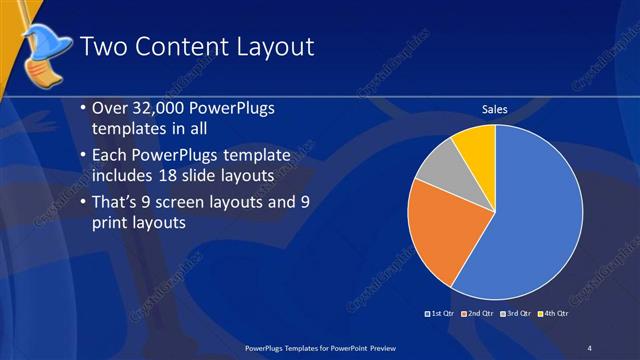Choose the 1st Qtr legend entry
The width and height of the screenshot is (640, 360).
point(441,313)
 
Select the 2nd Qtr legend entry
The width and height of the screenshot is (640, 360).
point(477,313)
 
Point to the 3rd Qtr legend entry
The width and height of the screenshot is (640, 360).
point(514,313)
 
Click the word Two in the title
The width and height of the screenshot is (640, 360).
point(102,47)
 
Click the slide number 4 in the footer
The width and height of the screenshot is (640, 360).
point(589,347)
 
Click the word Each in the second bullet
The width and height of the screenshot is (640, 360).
point(109,155)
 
